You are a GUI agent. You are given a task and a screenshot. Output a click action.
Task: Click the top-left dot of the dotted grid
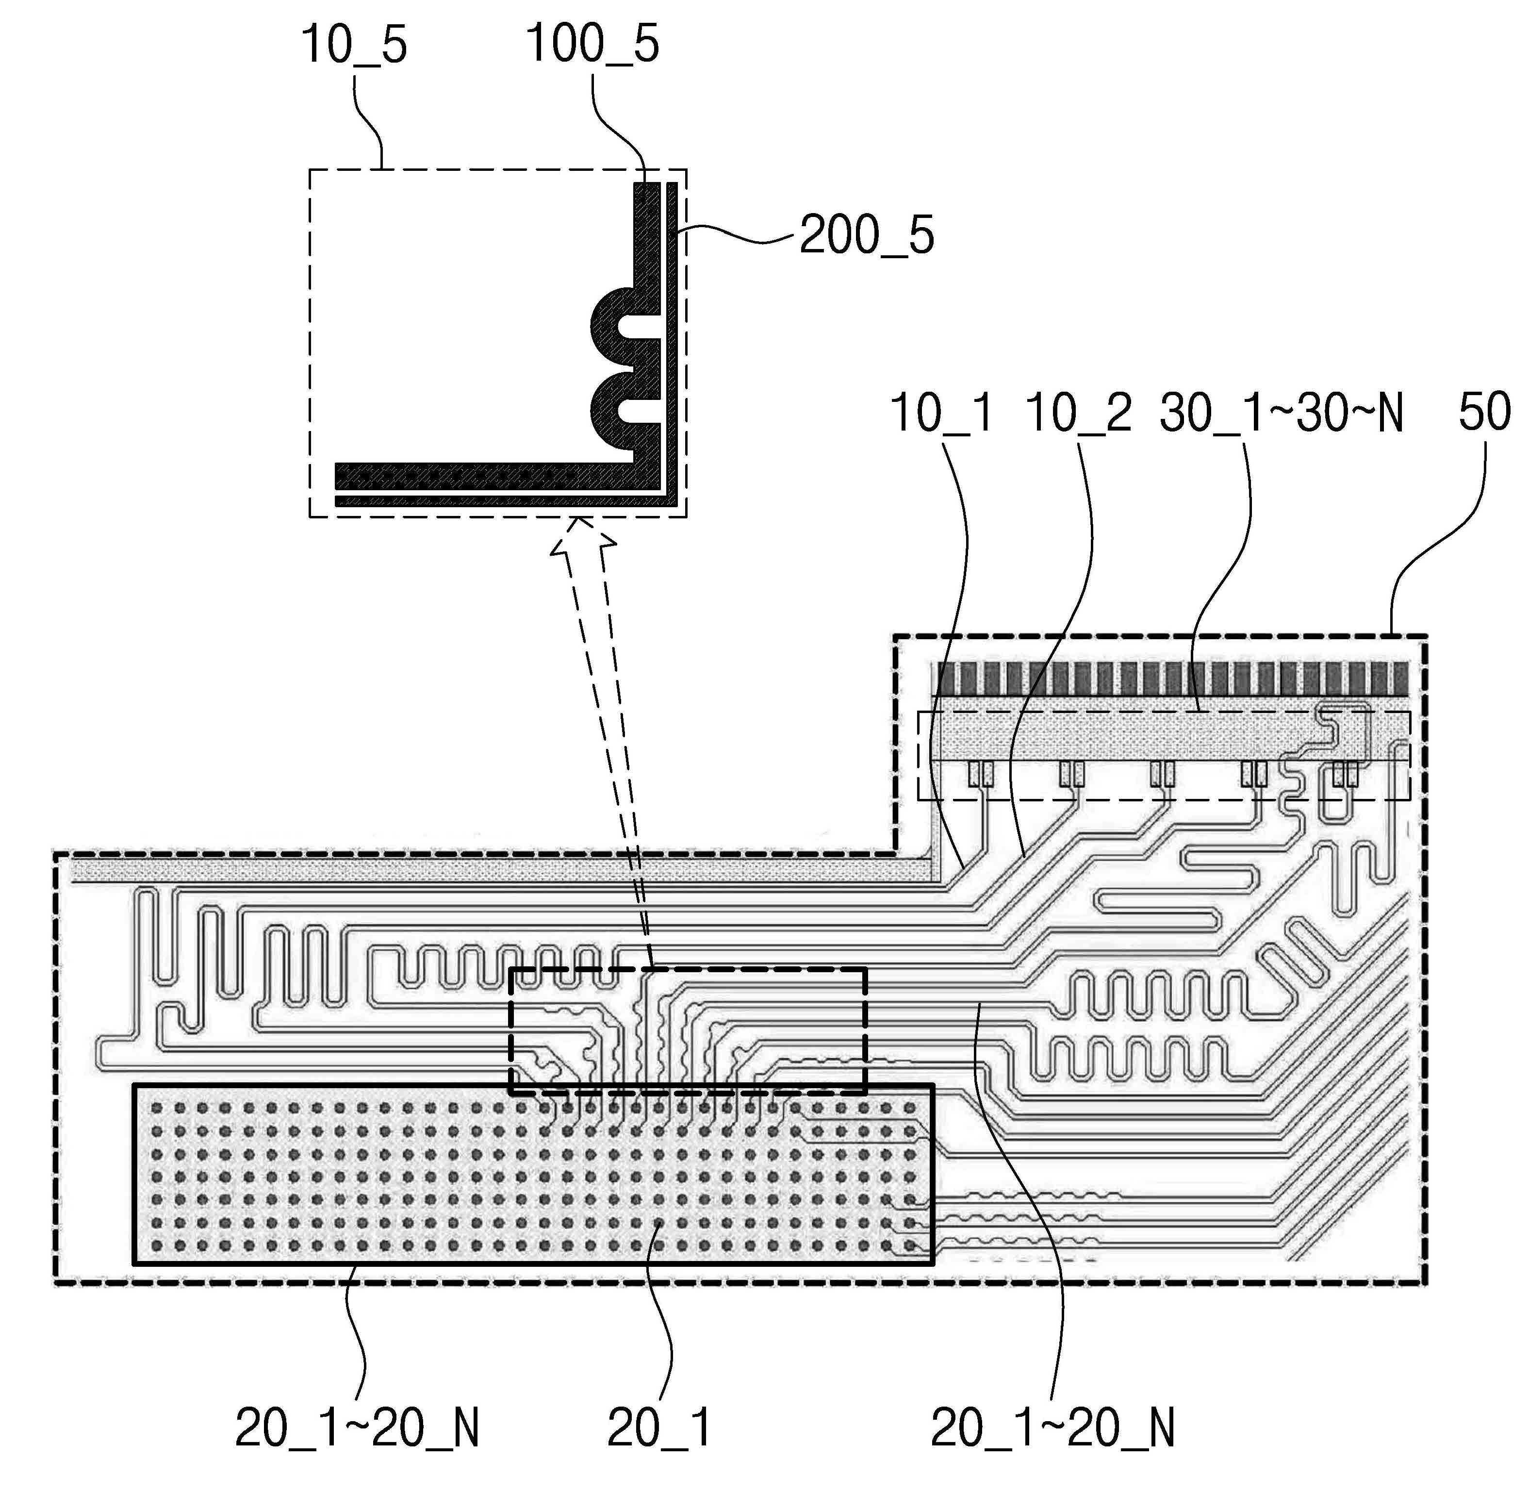point(157,1108)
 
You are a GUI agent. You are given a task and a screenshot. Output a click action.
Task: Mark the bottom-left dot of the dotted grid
point(157,1245)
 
